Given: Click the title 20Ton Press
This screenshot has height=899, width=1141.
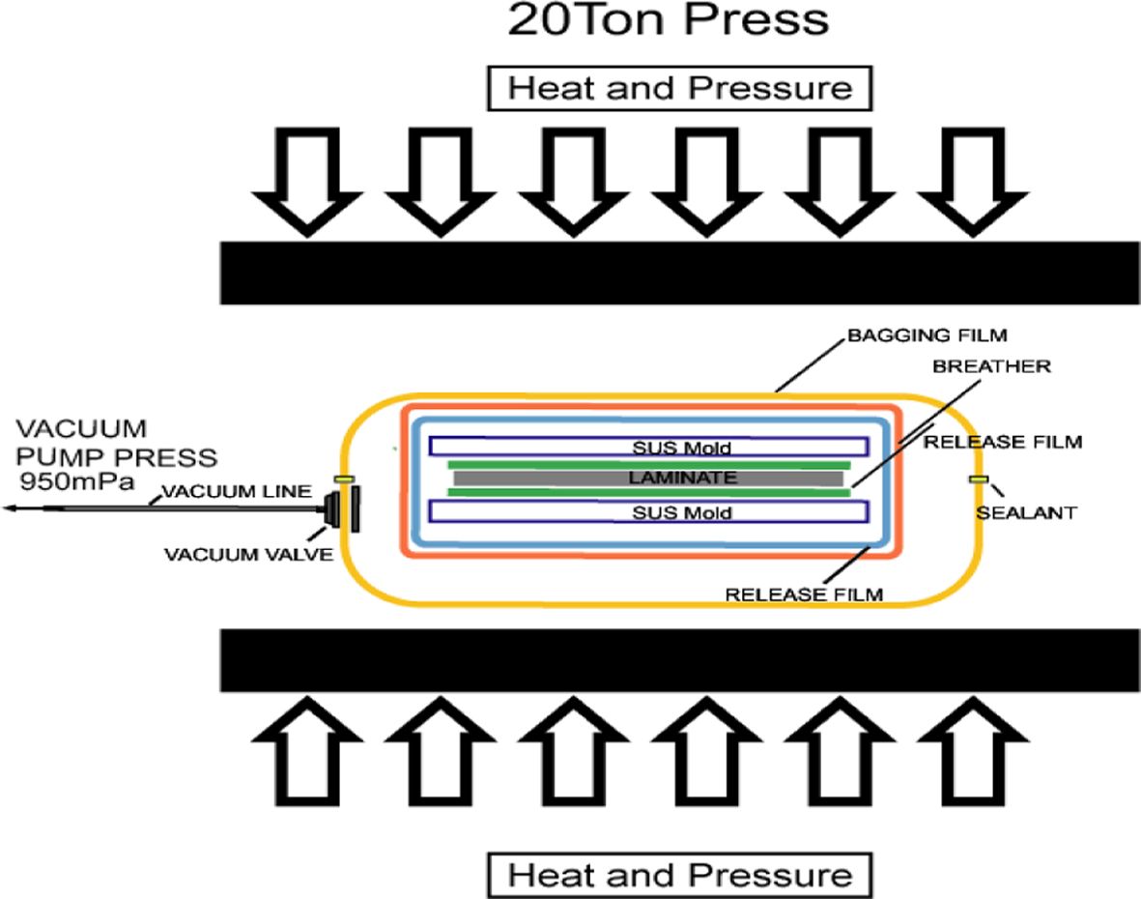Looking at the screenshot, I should coord(668,20).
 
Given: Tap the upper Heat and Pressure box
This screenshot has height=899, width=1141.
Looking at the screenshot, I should coord(680,89).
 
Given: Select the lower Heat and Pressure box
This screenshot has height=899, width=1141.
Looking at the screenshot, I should coord(680,876).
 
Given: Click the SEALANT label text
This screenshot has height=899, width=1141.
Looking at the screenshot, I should coord(1026,513).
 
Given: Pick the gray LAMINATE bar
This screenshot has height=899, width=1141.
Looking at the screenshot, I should coord(647,478).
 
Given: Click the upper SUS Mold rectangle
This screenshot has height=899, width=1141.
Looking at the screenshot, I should coord(647,448).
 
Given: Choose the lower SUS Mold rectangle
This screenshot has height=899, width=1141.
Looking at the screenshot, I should coord(647,512).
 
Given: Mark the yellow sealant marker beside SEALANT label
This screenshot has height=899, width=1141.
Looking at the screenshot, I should coord(978,479).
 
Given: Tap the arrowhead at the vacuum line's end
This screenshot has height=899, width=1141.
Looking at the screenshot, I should coord(10,507).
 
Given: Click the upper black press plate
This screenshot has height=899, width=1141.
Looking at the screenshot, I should coord(680,273).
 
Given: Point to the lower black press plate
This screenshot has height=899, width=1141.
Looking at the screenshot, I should coord(680,661).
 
